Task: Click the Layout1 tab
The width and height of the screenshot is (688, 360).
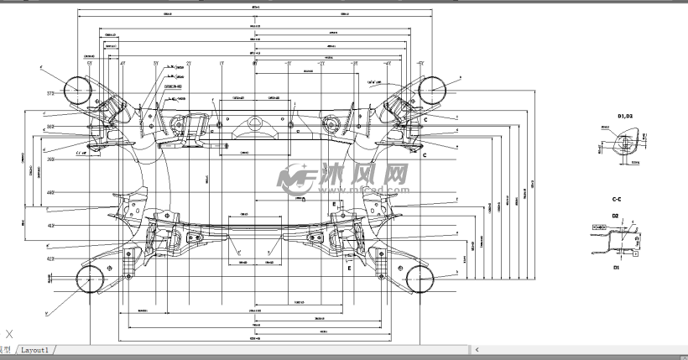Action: click(x=35, y=350)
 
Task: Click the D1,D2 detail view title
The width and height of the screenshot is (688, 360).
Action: click(x=625, y=115)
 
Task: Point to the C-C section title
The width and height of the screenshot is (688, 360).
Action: click(x=617, y=199)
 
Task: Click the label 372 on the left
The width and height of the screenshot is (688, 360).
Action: click(x=50, y=95)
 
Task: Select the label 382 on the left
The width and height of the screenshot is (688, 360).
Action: click(x=50, y=127)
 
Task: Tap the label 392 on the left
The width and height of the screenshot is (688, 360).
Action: click(x=50, y=159)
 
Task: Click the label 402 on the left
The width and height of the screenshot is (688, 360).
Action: click(x=50, y=193)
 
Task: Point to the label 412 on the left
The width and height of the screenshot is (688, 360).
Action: click(x=50, y=226)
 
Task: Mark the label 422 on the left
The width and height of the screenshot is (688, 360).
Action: click(x=50, y=259)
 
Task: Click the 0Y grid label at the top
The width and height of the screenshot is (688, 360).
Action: click(x=254, y=63)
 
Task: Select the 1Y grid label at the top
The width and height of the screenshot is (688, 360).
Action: click(x=222, y=63)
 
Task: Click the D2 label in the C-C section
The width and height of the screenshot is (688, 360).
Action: click(x=614, y=216)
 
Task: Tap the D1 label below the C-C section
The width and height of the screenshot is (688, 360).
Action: click(x=615, y=267)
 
